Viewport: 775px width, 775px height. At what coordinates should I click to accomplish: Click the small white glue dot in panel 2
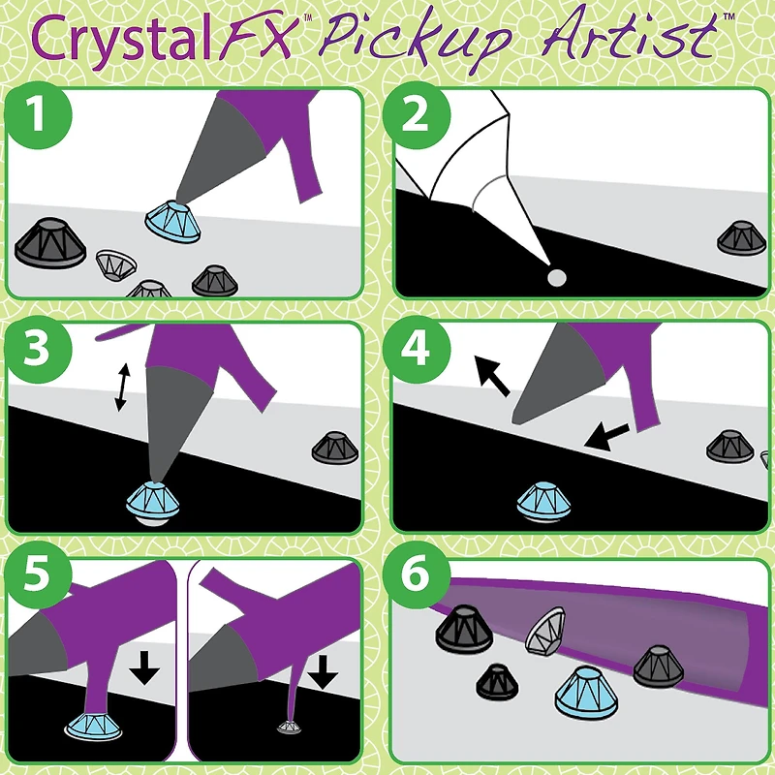pos(556,279)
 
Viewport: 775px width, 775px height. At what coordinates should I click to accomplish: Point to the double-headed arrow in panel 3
pos(120,387)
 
